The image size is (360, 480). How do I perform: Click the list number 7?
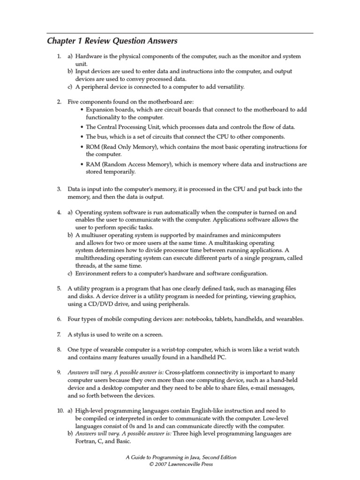[59, 335]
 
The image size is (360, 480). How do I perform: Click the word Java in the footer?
[184, 457]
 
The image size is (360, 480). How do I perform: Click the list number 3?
[59, 189]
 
